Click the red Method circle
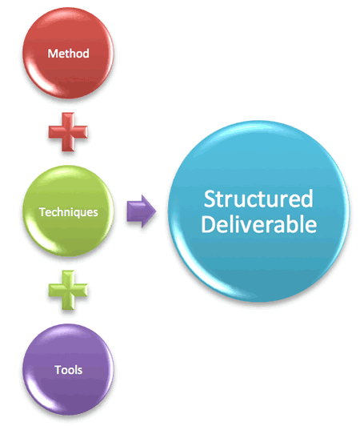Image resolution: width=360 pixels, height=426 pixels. click(x=68, y=53)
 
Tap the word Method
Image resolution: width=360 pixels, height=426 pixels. click(x=69, y=54)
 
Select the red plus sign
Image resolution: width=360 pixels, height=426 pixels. click(x=68, y=132)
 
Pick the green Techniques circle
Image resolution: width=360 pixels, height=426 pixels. click(x=68, y=211)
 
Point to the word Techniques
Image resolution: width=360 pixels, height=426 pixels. click(x=69, y=212)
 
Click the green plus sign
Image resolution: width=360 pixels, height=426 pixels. click(x=68, y=290)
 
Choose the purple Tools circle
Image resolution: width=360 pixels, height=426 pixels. click(x=68, y=369)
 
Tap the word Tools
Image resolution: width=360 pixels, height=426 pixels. click(x=69, y=370)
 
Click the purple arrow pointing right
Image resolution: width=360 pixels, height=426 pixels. click(x=142, y=211)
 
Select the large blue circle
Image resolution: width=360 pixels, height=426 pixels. click(x=258, y=211)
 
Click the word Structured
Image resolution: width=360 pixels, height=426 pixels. click(x=258, y=199)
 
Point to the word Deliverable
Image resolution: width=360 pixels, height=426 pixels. click(x=258, y=224)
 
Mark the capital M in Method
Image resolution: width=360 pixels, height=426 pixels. click(x=53, y=54)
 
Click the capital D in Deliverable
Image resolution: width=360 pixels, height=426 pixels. click(x=208, y=224)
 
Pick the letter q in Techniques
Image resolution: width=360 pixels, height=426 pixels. click(x=77, y=214)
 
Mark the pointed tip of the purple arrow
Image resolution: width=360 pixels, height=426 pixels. click(x=156, y=211)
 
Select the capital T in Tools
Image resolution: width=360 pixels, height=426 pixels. click(x=58, y=370)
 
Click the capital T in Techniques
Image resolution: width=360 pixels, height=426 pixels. click(x=42, y=212)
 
